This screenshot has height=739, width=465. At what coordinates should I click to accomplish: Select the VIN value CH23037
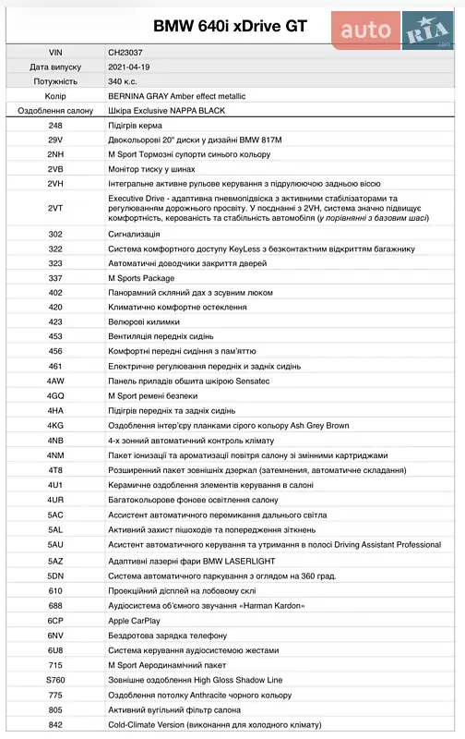125,53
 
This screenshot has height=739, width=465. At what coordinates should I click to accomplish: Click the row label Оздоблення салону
55,111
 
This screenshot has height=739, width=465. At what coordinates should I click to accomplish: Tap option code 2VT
55,209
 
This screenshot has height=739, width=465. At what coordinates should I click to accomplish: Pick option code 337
55,277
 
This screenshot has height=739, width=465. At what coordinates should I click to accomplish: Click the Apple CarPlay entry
134,620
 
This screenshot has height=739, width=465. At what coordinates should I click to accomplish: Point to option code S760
55,679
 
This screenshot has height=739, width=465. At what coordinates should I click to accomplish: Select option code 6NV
55,635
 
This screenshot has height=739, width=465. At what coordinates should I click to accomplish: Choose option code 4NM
55,455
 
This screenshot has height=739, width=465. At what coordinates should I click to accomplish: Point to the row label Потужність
55,81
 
